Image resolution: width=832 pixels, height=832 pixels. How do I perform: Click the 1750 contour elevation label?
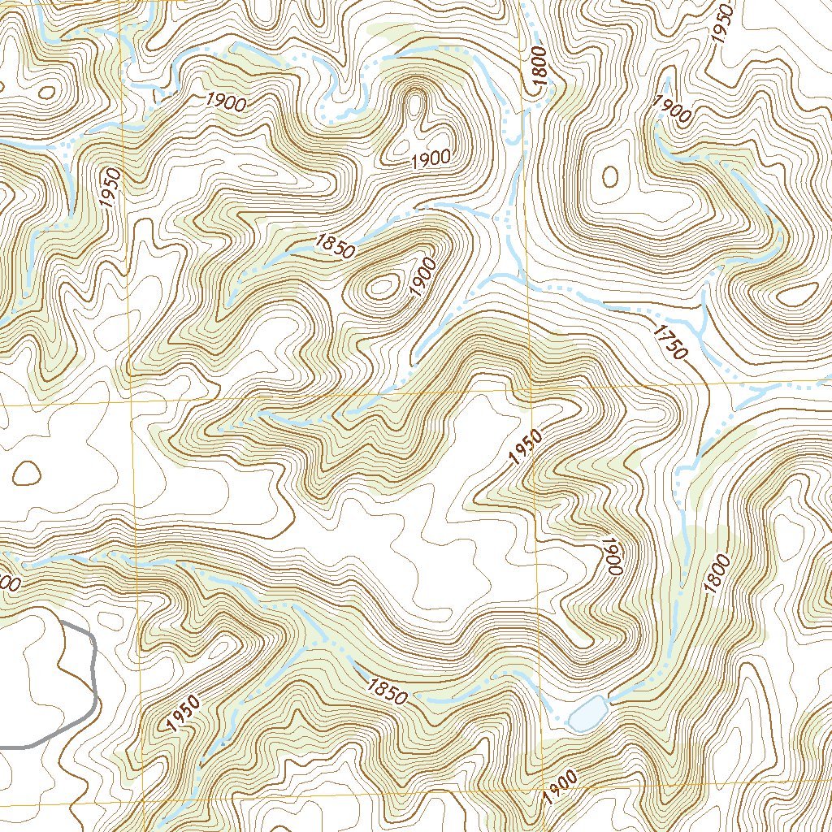click(669, 340)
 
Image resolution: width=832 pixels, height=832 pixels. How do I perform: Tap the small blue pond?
click(587, 714)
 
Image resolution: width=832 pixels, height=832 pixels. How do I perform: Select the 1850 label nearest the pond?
click(387, 691)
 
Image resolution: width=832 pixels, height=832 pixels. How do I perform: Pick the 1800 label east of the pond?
click(719, 574)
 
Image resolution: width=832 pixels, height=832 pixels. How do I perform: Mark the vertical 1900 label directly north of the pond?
click(612, 557)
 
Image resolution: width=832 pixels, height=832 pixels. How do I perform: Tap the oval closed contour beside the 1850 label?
click(381, 286)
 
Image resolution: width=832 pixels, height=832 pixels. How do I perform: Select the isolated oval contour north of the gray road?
click(27, 472)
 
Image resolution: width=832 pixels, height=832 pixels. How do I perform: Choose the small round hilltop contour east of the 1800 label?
click(609, 176)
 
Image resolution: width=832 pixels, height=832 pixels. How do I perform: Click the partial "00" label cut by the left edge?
click(9, 583)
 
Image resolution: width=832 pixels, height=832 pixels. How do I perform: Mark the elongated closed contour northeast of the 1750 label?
click(797, 295)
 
